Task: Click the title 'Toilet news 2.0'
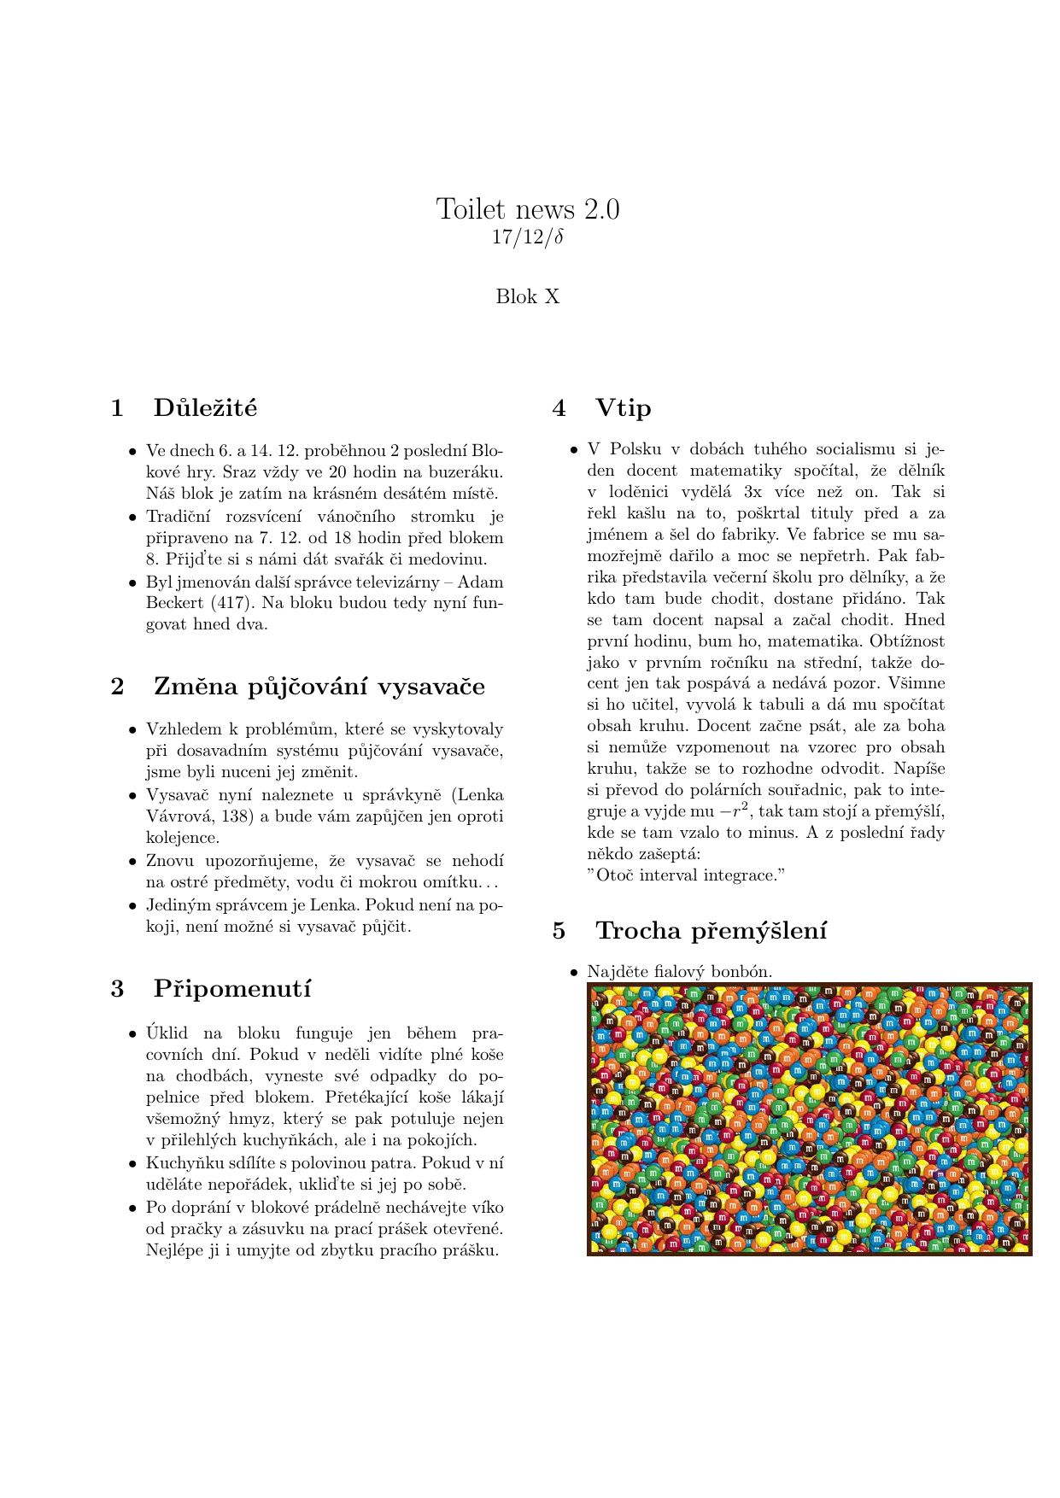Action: tap(528, 209)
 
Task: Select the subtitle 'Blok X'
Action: tap(528, 297)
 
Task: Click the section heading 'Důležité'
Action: tap(205, 408)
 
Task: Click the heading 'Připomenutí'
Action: tap(232, 989)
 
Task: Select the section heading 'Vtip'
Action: tap(623, 408)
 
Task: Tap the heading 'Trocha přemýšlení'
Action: tap(711, 931)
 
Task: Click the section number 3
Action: tap(117, 989)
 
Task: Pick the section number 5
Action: tap(559, 931)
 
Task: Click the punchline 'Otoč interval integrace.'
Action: tap(687, 875)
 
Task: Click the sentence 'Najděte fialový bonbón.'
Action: tap(679, 972)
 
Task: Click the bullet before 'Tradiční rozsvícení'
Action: tap(132, 518)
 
